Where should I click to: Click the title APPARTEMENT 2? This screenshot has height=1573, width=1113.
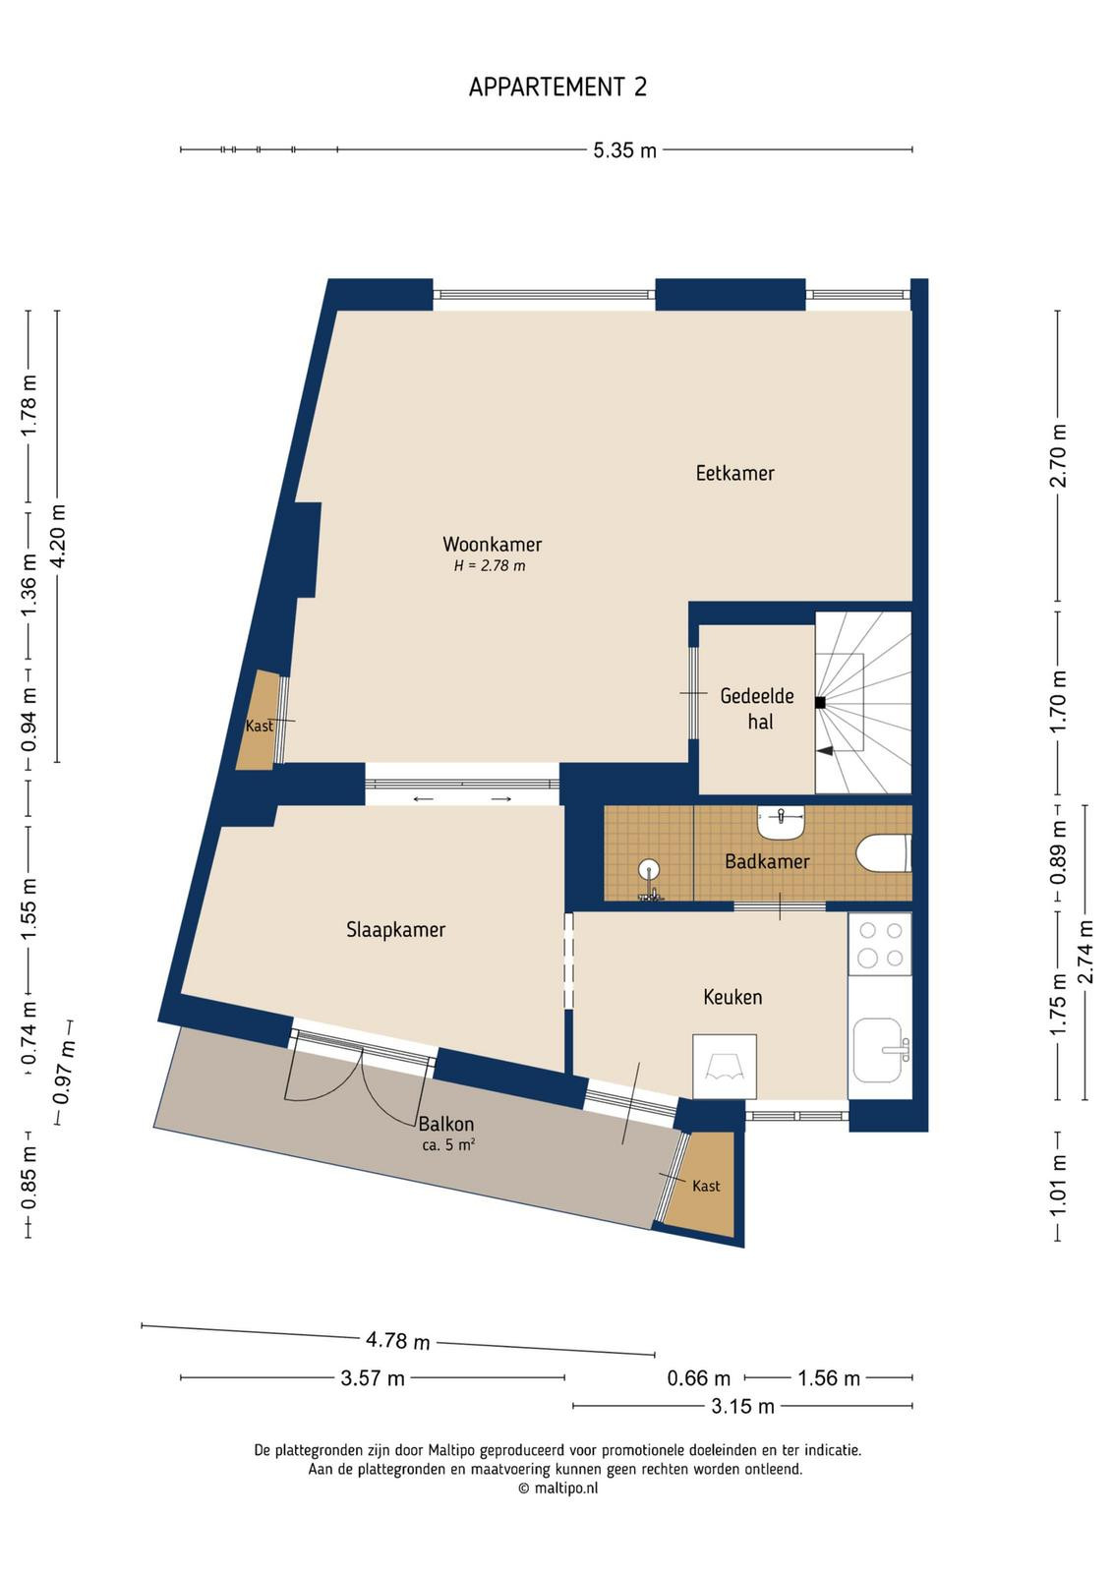click(x=557, y=87)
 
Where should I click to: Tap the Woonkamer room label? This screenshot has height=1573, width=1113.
click(x=493, y=545)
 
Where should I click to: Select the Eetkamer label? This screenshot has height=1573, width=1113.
click(x=734, y=473)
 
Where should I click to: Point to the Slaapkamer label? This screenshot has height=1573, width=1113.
click(x=396, y=930)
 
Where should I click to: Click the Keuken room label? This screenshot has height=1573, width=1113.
click(x=732, y=997)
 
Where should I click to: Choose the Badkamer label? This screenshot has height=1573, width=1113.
click(x=767, y=861)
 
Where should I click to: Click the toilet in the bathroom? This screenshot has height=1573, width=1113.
click(x=884, y=852)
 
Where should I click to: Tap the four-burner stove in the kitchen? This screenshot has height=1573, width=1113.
click(x=881, y=944)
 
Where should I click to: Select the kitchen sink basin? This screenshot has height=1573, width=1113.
click(x=878, y=1050)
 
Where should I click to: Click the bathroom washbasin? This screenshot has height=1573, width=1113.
click(x=781, y=821)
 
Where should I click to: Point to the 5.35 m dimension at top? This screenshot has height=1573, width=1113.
click(x=624, y=150)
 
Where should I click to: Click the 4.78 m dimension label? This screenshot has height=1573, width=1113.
click(x=397, y=1341)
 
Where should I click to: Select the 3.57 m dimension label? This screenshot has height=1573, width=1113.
click(x=373, y=1377)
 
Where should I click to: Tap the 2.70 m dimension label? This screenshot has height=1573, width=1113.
click(x=1059, y=455)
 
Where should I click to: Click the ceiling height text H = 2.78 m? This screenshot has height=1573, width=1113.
click(x=490, y=566)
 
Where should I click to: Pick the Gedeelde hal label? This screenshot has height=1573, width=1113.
click(x=758, y=709)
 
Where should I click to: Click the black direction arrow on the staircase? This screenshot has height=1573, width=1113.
click(x=825, y=751)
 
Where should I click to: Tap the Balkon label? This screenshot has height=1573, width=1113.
click(x=446, y=1124)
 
